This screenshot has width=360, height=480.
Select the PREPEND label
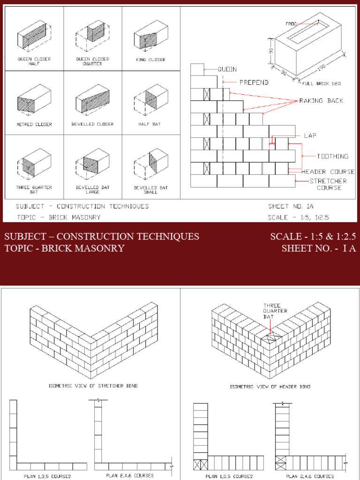pos(254,82)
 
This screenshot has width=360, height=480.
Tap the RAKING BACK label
pos(321,101)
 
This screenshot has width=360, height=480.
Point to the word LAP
pos(310,136)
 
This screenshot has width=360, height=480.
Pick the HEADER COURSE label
pos(328,172)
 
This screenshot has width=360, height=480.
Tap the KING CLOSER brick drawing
pos(151,35)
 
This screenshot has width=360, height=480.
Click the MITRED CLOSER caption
pos(34,125)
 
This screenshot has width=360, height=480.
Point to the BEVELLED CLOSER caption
pos(92,125)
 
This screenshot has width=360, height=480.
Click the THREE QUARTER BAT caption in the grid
pos(34,190)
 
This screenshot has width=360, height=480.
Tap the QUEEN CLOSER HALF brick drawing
pos(34,35)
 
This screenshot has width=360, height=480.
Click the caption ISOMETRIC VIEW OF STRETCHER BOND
pos(93,386)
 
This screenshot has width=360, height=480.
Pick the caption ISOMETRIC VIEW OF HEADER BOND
pos(270,387)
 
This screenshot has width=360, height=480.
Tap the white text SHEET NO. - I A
pos(319,248)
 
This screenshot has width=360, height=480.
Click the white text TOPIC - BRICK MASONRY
pos(65,248)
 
